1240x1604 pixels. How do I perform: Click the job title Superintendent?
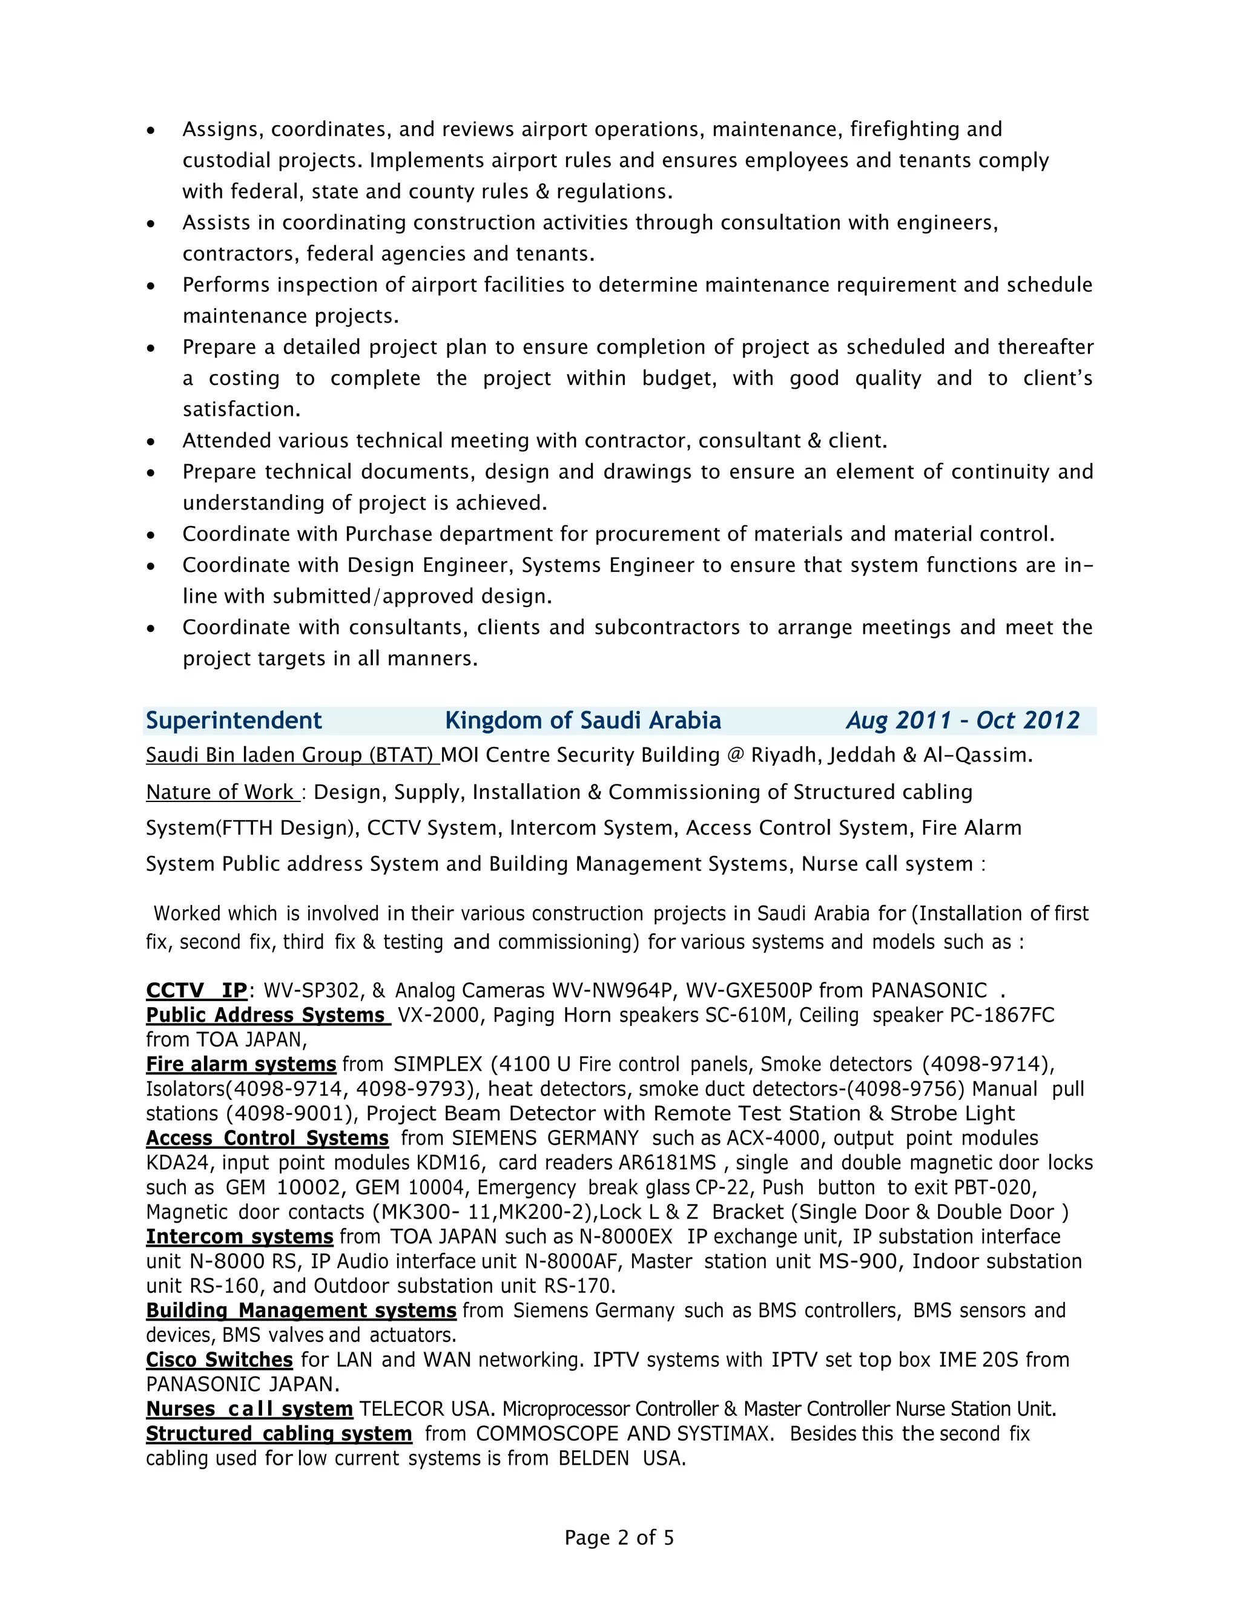point(234,720)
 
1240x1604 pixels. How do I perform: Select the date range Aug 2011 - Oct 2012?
point(962,720)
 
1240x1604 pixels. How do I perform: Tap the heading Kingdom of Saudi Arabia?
point(582,720)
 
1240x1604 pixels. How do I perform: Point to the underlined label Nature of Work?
point(221,792)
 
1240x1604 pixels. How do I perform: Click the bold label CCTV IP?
point(196,990)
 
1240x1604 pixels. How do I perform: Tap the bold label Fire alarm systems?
point(241,1064)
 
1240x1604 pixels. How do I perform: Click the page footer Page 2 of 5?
point(619,1537)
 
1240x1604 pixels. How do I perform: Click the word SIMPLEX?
point(438,1064)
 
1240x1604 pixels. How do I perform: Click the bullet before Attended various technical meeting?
point(151,442)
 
